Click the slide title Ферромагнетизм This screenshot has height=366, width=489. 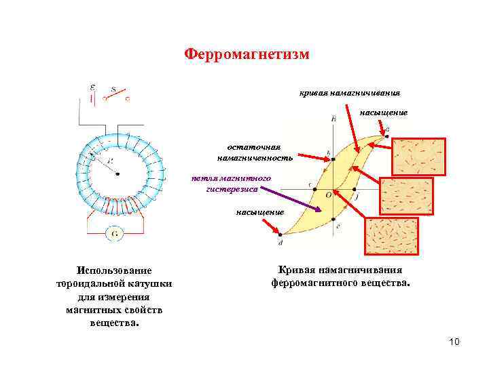pyautogui.click(x=247, y=54)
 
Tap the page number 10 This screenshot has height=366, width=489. pyautogui.click(x=454, y=342)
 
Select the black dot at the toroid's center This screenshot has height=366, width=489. pyautogui.click(x=118, y=174)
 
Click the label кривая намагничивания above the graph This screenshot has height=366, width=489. pyautogui.click(x=350, y=92)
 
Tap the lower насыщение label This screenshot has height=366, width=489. pyautogui.click(x=259, y=212)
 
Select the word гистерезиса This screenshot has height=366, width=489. pyautogui.click(x=232, y=189)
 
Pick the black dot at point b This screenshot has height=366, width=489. pyautogui.click(x=332, y=160)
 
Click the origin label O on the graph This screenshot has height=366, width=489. pyautogui.click(x=328, y=195)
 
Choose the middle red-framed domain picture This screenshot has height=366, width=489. pyautogui.click(x=405, y=196)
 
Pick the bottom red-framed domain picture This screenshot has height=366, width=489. pyautogui.click(x=391, y=235)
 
